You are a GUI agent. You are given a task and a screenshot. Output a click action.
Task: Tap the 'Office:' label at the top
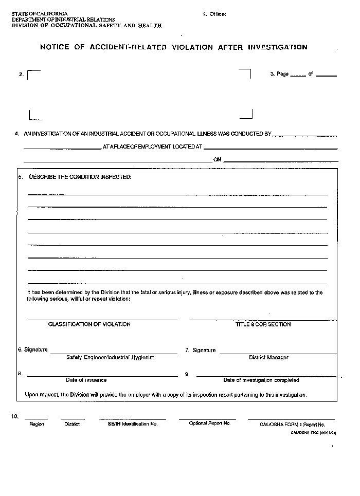(x=218, y=14)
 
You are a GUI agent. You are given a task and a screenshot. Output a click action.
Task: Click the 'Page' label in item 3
(x=282, y=74)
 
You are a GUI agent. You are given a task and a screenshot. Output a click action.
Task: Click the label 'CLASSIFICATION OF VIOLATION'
(x=89, y=324)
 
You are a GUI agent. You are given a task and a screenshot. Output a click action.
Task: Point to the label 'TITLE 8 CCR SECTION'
(x=263, y=324)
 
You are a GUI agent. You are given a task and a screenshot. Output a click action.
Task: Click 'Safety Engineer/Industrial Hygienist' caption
(x=110, y=357)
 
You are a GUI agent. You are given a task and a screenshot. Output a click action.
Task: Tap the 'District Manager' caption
(x=268, y=357)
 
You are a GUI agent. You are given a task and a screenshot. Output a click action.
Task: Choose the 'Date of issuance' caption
(x=86, y=380)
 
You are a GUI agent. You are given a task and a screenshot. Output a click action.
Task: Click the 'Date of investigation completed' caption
(x=261, y=380)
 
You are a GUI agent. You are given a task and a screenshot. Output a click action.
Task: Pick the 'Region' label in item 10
(x=37, y=424)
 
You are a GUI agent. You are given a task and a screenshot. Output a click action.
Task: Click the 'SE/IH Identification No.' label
(x=133, y=424)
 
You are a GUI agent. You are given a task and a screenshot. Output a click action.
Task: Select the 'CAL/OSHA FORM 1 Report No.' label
(x=292, y=425)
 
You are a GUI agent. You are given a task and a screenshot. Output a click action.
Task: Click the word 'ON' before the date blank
(x=217, y=160)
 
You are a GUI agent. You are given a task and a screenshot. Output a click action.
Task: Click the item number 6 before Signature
(x=20, y=350)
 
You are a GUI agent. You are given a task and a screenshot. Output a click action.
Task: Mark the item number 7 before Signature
(x=187, y=351)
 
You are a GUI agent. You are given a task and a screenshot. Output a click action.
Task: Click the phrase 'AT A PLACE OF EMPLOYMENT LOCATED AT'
(x=152, y=147)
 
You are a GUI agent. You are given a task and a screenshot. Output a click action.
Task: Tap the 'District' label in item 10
(x=72, y=424)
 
